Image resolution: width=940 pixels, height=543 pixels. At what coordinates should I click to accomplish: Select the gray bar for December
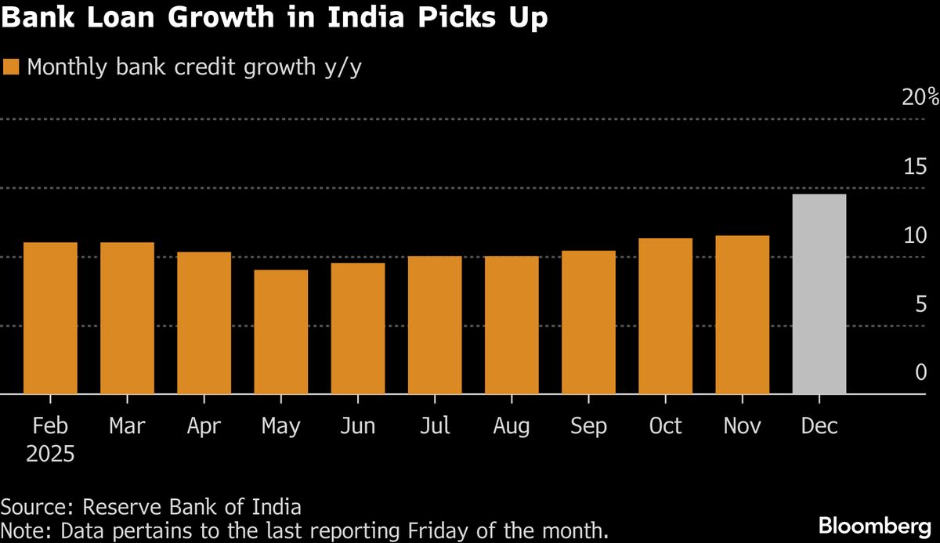(819, 295)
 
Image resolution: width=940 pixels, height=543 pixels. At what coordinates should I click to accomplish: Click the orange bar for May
(280, 332)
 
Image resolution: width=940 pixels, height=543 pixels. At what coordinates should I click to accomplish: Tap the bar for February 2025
(50, 318)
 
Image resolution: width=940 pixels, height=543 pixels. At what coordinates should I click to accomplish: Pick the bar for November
(742, 315)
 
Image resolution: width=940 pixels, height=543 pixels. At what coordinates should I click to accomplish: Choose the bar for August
(512, 325)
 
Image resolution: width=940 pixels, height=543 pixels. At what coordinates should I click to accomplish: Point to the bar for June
(357, 328)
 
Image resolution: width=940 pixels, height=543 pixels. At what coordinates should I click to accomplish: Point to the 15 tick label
(915, 166)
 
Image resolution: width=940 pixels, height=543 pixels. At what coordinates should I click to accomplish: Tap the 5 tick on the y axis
(920, 303)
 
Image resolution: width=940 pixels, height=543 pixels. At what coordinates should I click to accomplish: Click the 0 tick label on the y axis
(920, 372)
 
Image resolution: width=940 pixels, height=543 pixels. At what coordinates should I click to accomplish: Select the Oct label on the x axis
(665, 425)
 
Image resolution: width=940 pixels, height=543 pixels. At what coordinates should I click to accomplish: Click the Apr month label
(204, 425)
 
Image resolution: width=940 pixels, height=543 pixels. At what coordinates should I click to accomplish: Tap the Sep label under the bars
(588, 425)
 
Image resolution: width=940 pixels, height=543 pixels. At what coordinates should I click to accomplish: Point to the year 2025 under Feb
(50, 454)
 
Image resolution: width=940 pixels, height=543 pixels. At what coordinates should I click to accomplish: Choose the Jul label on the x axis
(435, 425)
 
